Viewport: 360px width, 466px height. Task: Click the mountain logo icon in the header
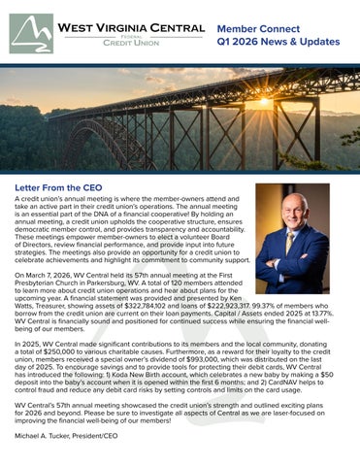(32, 33)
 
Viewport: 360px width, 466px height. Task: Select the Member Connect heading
(261, 30)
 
